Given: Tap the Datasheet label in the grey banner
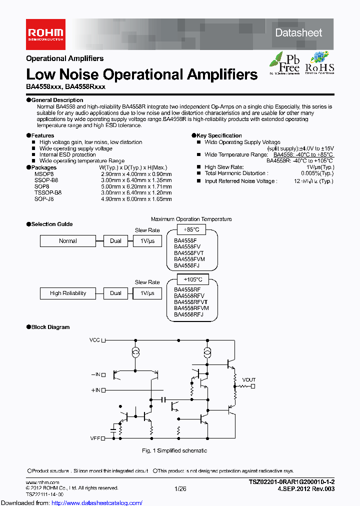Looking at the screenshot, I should click(298, 32).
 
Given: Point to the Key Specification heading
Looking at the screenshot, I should click(219, 135).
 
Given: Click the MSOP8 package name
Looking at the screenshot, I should click(44, 173).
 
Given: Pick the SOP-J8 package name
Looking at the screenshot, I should click(44, 198).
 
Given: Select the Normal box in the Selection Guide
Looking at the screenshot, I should click(68, 241).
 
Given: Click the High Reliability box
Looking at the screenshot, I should click(68, 293).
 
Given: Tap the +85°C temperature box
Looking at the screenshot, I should click(191, 229).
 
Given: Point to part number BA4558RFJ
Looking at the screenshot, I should click(188, 315).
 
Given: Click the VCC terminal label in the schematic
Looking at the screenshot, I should click(94, 340).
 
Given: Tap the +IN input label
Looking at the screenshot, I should click(95, 389).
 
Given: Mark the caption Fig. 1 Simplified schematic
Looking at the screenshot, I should click(174, 450).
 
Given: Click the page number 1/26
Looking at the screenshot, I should click(180, 488).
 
